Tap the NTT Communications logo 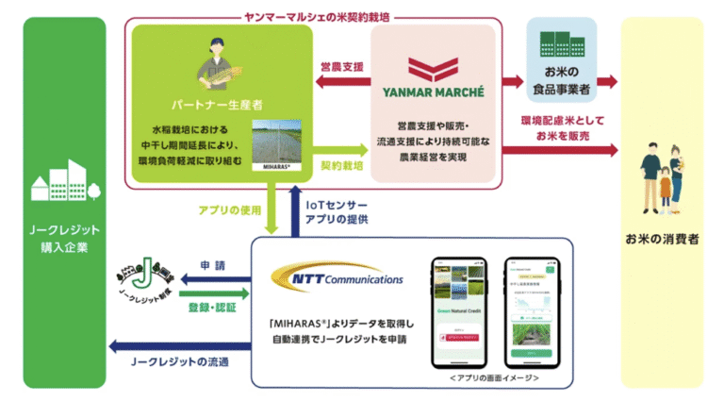tap(337, 277)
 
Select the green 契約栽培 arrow tap(340, 149)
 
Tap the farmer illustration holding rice tap(223, 58)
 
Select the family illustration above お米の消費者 tap(666, 175)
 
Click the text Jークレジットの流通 tap(183, 361)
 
